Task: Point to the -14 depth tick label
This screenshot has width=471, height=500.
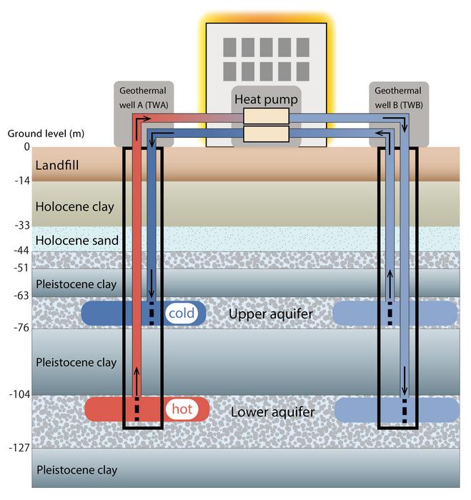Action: coord(21,181)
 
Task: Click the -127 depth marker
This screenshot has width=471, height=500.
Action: coord(19,448)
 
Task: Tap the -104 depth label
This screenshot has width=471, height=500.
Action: coord(19,395)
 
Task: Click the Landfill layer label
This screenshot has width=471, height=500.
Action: coord(57,166)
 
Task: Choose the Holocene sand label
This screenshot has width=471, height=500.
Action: coord(76,240)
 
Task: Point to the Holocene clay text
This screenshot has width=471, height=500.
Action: coord(74,206)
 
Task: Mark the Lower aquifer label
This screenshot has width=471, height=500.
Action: coord(272,412)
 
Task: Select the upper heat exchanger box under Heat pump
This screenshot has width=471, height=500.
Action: coord(266,116)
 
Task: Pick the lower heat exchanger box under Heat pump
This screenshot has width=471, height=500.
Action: coord(266,134)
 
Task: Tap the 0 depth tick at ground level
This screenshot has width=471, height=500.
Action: coord(26,147)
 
